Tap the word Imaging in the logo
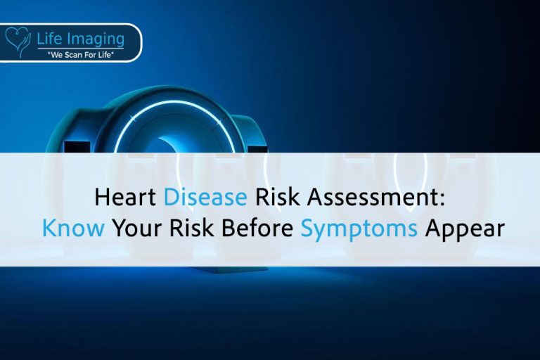coord(95,39)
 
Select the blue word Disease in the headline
coord(205,198)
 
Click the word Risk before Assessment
coord(276,198)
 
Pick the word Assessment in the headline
coord(370,198)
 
